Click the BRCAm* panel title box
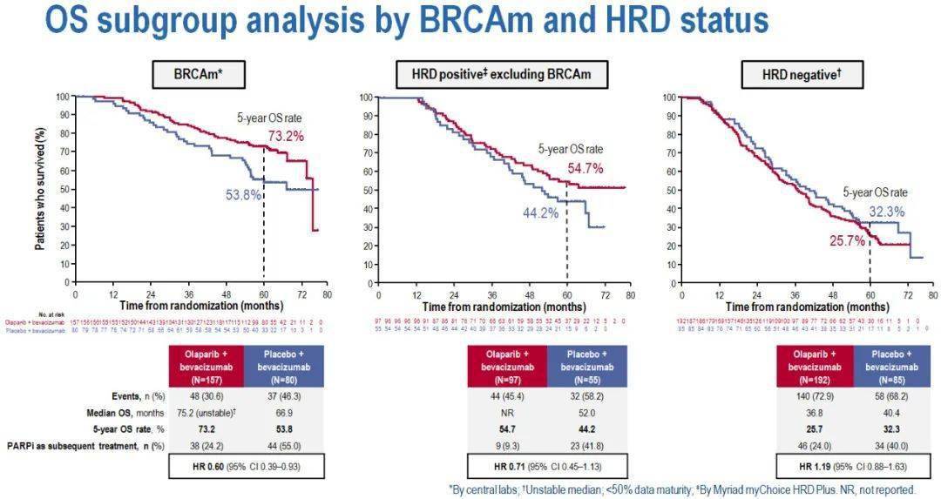[x=196, y=76]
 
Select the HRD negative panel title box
[x=802, y=76]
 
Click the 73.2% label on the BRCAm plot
[x=285, y=136]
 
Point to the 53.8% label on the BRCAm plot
[x=244, y=195]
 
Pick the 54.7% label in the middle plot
[x=585, y=168]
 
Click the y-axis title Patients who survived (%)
[x=40, y=188]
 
